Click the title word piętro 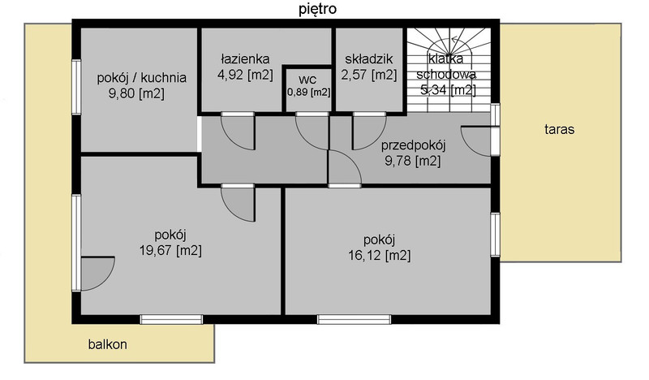[317, 9]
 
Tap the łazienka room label [245, 58]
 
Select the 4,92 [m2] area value [245, 75]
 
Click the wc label [307, 80]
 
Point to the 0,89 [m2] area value [309, 92]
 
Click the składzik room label [369, 58]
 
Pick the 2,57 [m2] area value [369, 75]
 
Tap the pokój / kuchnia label [141, 78]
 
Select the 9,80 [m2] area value [136, 93]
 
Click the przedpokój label [413, 146]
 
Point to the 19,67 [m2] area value [170, 250]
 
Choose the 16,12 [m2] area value [380, 255]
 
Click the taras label [559, 130]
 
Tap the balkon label [108, 344]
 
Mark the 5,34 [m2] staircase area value [448, 89]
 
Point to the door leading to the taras [476, 141]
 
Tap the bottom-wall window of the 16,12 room [355, 319]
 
